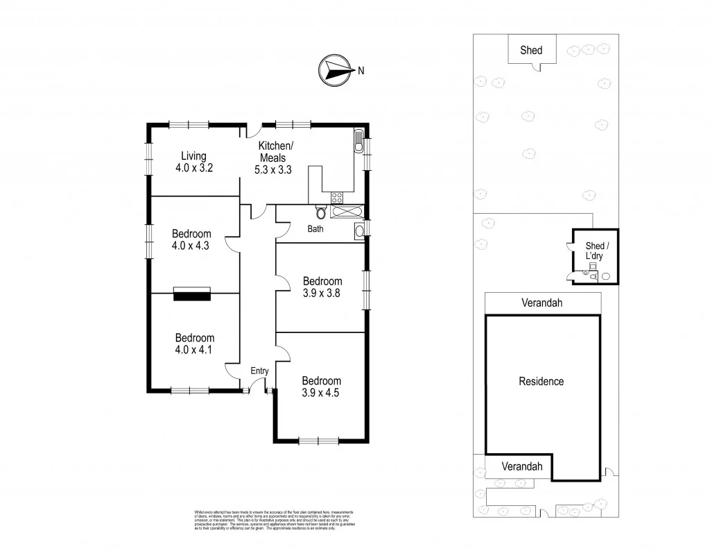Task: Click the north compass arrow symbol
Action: [334, 69]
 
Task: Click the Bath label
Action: [315, 228]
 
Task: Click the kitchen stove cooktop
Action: [338, 197]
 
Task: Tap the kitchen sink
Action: [358, 142]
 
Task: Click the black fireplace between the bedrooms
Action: [191, 294]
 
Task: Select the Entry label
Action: [259, 371]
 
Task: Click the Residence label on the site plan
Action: [542, 381]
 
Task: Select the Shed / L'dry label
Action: [595, 251]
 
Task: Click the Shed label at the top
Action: [531, 50]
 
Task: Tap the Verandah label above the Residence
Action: [542, 303]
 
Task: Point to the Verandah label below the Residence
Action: [521, 466]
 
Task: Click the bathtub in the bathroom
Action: [346, 211]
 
